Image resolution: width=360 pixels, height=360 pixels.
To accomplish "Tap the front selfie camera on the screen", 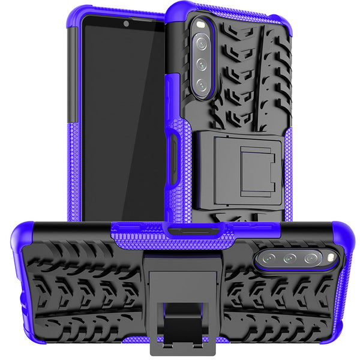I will click(126, 25).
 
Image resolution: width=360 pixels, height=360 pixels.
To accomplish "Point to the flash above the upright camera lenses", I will click(200, 26).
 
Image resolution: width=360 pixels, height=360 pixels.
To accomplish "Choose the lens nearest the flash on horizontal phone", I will click(311, 259).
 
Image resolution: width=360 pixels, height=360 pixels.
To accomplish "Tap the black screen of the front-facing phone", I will click(126, 120).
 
